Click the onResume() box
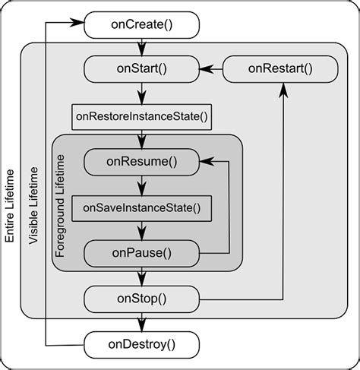[141, 161]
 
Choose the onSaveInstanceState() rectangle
[141, 207]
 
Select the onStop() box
[141, 298]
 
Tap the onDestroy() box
[141, 343]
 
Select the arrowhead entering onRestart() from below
[283, 89]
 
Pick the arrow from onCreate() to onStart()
[141, 48]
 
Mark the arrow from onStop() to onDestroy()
[141, 321]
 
